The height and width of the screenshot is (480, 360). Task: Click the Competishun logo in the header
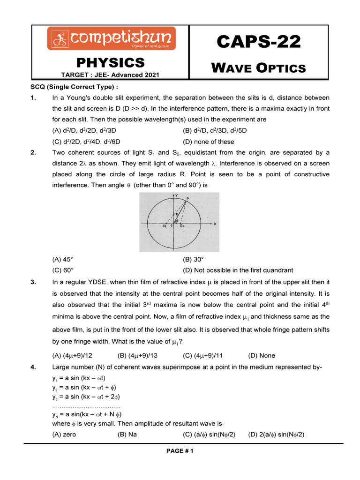[x=111, y=38]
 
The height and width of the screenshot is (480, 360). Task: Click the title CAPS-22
[x=258, y=43]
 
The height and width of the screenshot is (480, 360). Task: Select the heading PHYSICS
[x=111, y=62]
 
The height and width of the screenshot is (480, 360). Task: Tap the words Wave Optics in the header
[x=258, y=68]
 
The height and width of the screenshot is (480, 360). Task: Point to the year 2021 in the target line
[x=151, y=75]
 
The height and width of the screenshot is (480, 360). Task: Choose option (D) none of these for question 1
[x=209, y=142]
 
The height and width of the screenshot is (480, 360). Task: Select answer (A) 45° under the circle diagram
[x=63, y=259]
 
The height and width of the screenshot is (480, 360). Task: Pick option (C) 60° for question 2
[x=63, y=270]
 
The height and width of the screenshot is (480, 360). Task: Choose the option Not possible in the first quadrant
[x=238, y=270]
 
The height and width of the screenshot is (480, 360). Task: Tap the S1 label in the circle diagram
[x=165, y=226]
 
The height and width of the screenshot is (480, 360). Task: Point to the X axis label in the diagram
[x=215, y=224]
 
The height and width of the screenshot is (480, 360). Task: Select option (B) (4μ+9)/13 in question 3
[x=137, y=355]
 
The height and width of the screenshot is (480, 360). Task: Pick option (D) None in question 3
[x=262, y=355]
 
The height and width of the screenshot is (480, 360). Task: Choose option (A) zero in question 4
[x=64, y=434]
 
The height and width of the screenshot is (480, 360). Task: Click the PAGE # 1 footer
[x=180, y=451]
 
